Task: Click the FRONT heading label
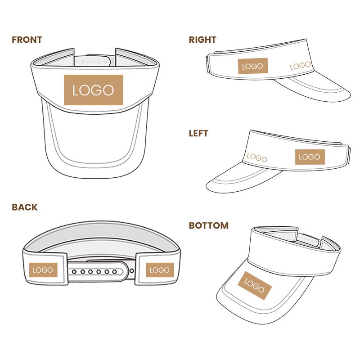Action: pos(27,40)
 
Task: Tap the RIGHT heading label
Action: pos(202,40)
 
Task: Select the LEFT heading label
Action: pos(198,133)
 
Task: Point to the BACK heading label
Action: pos(25,207)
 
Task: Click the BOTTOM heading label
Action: pos(209,225)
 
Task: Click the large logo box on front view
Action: pos(94,90)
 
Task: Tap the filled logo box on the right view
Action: pos(253,66)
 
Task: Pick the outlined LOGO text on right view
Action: pos(300,66)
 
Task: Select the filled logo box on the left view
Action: pos(310,157)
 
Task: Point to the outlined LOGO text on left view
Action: pos(257,157)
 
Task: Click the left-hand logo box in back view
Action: pos(43,270)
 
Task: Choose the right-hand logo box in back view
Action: pos(160,270)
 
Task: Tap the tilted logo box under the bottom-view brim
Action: pos(255,286)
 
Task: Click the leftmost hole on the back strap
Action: pos(74,272)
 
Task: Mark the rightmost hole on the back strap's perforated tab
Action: pos(114,272)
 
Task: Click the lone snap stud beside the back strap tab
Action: pos(132,271)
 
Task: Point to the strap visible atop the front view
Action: pos(93,61)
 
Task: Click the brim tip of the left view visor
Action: pos(207,186)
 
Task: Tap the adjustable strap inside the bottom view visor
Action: pos(309,240)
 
